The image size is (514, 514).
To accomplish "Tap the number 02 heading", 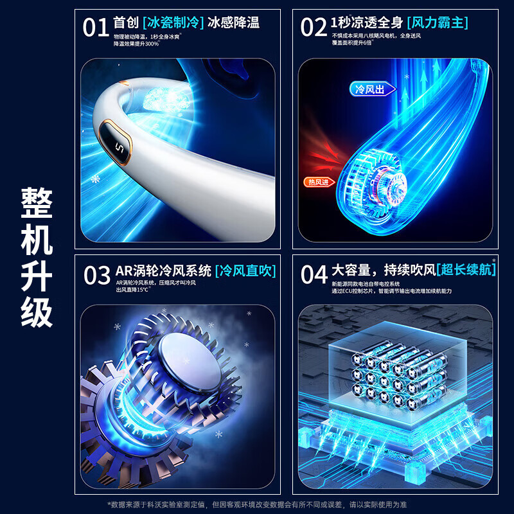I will click(314, 27).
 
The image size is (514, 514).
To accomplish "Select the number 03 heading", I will click(97, 275).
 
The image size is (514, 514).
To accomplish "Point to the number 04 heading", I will click(314, 274).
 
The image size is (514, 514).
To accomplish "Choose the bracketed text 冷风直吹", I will click(245, 271).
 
